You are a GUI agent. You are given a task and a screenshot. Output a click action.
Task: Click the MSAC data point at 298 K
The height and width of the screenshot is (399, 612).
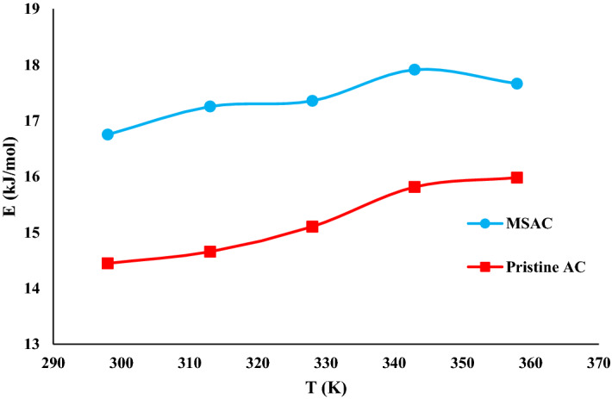108,134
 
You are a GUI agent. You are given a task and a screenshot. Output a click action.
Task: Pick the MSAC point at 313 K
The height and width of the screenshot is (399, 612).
209,107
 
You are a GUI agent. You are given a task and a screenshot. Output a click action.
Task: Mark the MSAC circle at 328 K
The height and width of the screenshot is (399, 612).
312,101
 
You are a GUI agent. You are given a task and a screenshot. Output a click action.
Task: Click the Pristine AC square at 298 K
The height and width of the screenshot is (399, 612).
108,263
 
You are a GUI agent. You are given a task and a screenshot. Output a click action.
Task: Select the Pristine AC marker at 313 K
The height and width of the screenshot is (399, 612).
209,252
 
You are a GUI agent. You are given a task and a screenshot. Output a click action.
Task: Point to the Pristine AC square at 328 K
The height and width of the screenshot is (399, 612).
312,227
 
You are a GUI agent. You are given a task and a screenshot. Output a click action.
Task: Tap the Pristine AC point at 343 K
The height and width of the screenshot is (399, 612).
415,186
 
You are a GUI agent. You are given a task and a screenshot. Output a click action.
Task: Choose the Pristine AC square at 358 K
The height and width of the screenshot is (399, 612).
517,178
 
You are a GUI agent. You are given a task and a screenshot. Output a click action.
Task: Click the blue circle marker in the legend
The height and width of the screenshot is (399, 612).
484,224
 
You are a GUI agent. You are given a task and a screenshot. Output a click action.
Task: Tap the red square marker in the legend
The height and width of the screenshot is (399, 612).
484,267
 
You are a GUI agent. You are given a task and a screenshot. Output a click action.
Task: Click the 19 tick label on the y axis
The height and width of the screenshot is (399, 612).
34,10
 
